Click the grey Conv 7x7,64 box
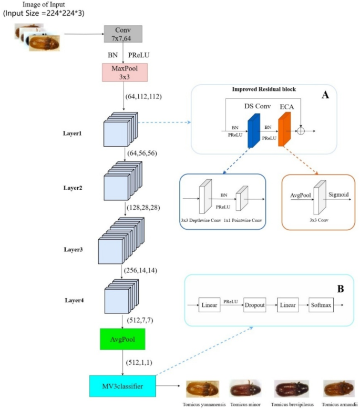123,35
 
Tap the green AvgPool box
123,339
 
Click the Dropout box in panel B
255,304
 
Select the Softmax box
320,304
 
